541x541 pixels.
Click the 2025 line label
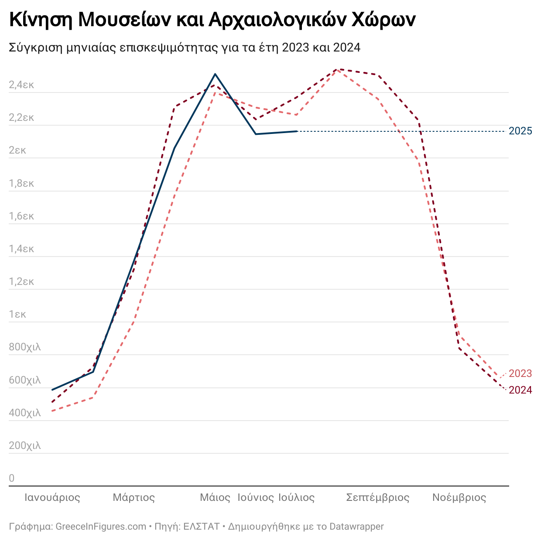pyautogui.click(x=520, y=131)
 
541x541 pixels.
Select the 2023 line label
pyautogui.click(x=520, y=373)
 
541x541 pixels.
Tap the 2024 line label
pyautogui.click(x=520, y=390)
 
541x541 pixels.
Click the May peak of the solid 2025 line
pyautogui.click(x=215, y=74)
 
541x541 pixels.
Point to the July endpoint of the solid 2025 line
pyautogui.click(x=297, y=131)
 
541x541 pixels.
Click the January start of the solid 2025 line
pyautogui.click(x=52, y=390)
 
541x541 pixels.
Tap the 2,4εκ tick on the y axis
pyautogui.click(x=21, y=85)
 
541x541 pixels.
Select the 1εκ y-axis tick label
pyautogui.click(x=17, y=314)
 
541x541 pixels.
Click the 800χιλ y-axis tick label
pyautogui.click(x=25, y=347)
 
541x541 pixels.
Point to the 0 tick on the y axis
pyautogui.click(x=12, y=478)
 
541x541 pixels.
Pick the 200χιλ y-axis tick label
pyautogui.click(x=25, y=445)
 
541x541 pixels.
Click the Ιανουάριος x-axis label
pyautogui.click(x=52, y=497)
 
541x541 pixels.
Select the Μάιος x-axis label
pyautogui.click(x=215, y=497)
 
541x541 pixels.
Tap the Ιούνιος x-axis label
pyautogui.click(x=256, y=497)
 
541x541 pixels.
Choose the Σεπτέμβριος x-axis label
pyautogui.click(x=378, y=497)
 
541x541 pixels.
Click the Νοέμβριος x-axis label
pyautogui.click(x=459, y=497)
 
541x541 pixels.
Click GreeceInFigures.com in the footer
pyautogui.click(x=101, y=527)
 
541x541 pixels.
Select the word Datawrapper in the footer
pyautogui.click(x=356, y=527)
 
